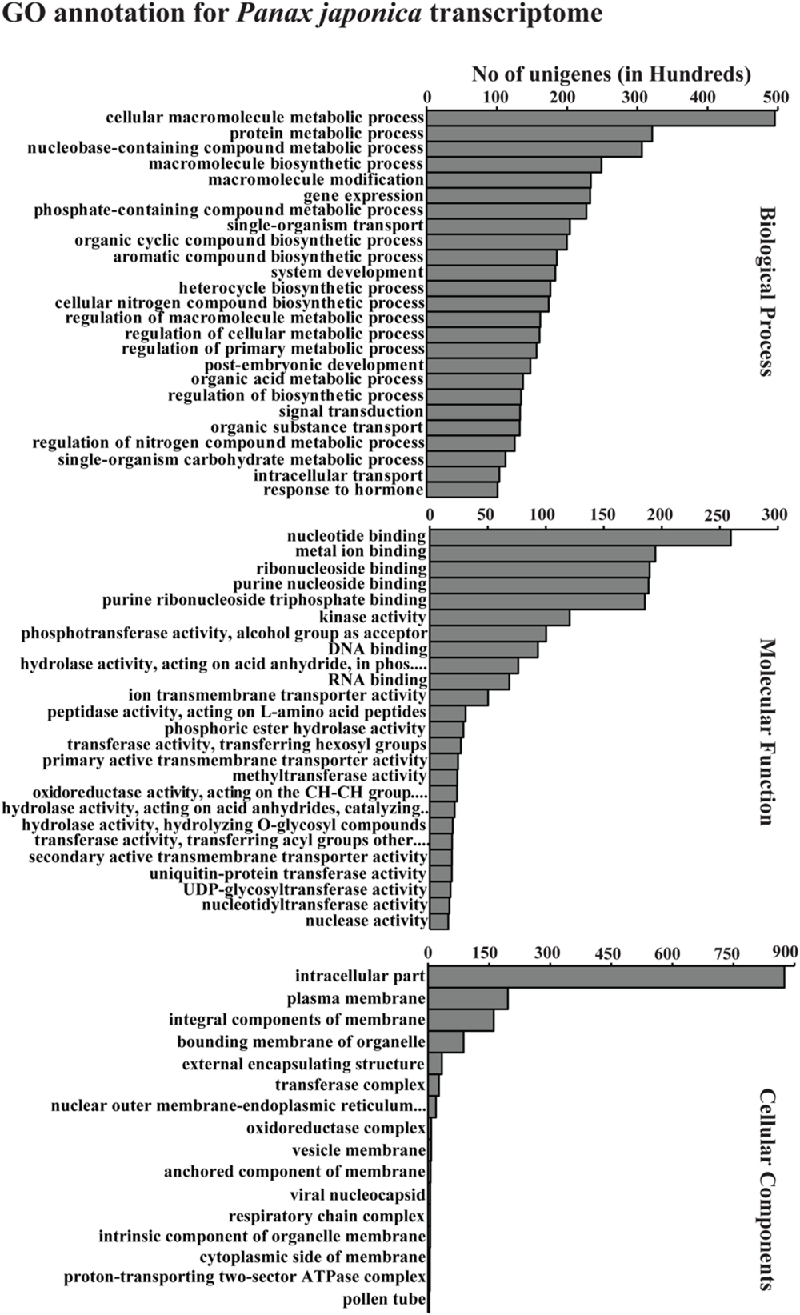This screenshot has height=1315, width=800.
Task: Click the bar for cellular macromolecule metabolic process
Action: tap(600, 118)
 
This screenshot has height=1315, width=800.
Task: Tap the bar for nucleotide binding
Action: tap(580, 538)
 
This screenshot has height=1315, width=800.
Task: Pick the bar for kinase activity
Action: tap(499, 618)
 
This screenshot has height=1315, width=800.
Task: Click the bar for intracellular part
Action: tap(606, 977)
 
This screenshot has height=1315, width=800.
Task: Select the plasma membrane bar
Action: tap(467, 999)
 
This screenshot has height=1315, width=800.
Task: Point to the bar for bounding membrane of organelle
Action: tap(446, 1042)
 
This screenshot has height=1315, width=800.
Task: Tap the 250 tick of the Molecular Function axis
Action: tap(718, 515)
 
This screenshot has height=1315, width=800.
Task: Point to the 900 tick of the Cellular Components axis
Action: tap(785, 951)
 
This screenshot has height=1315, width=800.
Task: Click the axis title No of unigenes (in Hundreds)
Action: tap(611, 74)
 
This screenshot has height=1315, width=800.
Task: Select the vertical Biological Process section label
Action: tap(767, 290)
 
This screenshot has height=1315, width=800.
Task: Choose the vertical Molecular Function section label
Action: tap(767, 731)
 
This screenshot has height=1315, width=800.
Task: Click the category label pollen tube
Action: tap(384, 1300)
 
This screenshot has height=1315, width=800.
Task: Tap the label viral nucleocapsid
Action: tap(358, 1195)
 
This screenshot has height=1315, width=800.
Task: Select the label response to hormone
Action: tap(343, 490)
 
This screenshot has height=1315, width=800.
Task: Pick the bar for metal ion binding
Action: tap(542, 554)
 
